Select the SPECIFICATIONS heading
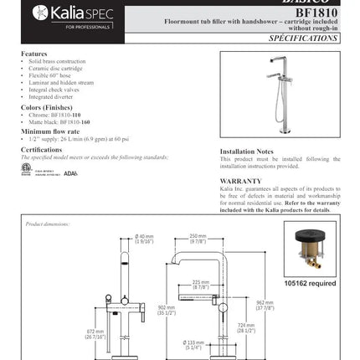pos(305,39)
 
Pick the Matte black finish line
pos(59,122)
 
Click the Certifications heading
pos(42,150)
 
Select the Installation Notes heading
pos(247,152)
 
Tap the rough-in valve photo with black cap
pos(309,248)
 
